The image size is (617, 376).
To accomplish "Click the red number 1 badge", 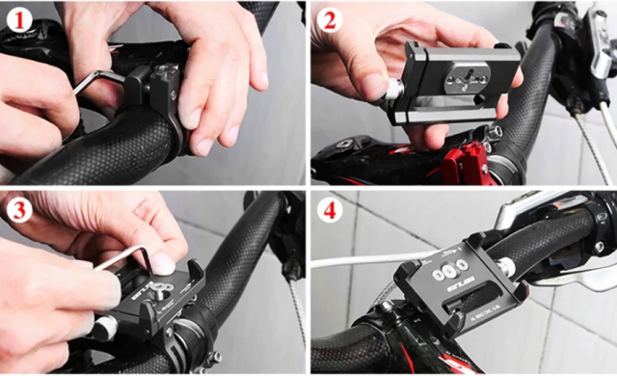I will pyautogui.click(x=18, y=17).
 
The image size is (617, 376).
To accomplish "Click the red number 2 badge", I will pyautogui.click(x=330, y=17).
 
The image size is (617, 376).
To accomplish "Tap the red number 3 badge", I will pyautogui.click(x=18, y=209).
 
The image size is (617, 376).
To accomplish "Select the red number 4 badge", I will pyautogui.click(x=330, y=209).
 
